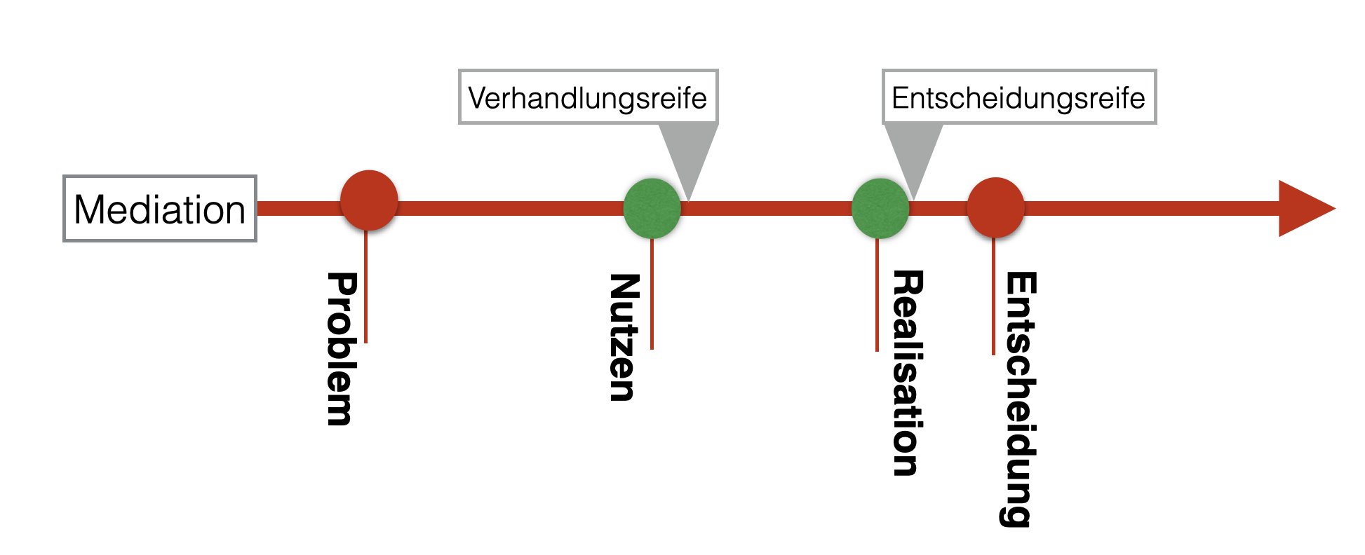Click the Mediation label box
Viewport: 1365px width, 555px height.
pos(160,209)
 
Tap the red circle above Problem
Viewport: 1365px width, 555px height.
pos(369,200)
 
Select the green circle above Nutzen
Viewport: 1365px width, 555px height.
pos(652,208)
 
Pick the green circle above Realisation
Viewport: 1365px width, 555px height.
pos(880,208)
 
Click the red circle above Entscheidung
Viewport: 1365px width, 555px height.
pos(995,207)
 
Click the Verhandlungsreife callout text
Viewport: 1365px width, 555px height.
pos(588,97)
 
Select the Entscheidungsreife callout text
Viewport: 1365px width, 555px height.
pos(1018,97)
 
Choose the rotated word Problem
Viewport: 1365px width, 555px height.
pos(342,348)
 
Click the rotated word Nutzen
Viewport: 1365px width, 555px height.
pos(624,337)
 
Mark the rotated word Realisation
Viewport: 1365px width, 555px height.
pos(907,373)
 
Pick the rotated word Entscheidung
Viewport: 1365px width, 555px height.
pos(1020,399)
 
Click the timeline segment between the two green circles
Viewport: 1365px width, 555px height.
pos(766,208)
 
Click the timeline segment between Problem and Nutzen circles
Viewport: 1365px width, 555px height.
pos(511,208)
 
